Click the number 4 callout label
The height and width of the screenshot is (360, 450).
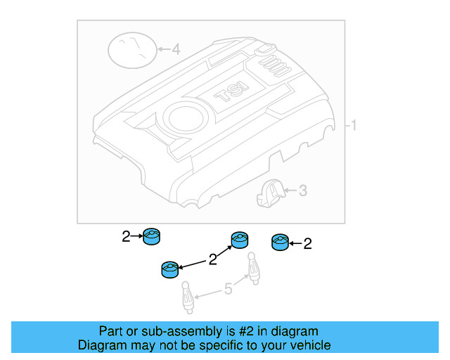pos(176,50)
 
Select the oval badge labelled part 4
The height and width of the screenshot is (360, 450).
pos(132,51)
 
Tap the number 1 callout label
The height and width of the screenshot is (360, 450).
pos(354,126)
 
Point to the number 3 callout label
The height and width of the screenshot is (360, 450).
pos(302,190)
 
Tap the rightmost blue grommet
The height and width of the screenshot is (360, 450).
pos(280,243)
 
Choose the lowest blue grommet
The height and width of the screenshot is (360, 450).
pos(169,269)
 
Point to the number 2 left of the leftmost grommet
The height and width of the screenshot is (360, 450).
pos(125,237)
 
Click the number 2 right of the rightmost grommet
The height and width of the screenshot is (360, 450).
pos(307,244)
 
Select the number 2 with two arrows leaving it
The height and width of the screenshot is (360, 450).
pos(213,260)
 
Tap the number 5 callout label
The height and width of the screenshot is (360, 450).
pos(227,288)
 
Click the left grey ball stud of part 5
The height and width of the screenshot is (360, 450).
pos(188,296)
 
